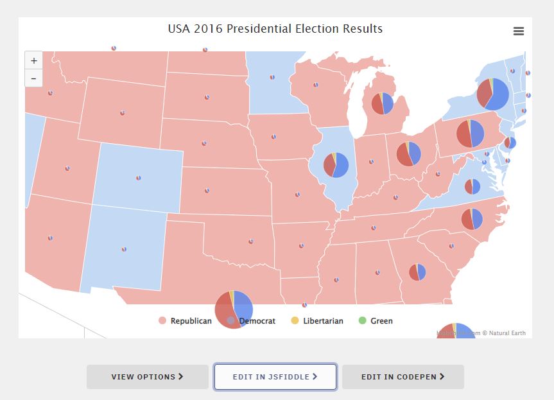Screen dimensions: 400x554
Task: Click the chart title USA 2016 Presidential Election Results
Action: [275, 29]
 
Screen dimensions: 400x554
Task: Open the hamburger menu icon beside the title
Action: [519, 31]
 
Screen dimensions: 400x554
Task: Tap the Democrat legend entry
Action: [256, 320]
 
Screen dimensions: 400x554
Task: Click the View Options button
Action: [148, 377]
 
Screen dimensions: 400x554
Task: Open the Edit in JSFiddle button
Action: [275, 377]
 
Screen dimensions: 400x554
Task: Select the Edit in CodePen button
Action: [403, 377]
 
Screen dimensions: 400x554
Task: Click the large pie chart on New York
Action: [492, 94]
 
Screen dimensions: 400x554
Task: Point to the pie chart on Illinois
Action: [336, 164]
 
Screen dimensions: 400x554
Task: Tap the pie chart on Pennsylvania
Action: [470, 134]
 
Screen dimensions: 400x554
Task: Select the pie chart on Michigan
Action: [381, 103]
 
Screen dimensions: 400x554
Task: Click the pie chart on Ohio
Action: [408, 154]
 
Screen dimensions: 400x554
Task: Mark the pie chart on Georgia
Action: [417, 272]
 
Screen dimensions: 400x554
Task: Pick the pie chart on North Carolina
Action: [472, 219]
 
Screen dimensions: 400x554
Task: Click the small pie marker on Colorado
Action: [138, 178]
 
